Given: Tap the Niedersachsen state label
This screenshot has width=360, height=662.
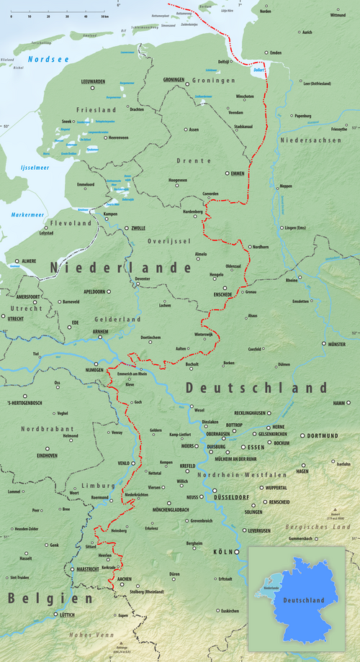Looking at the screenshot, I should pyautogui.click(x=311, y=140).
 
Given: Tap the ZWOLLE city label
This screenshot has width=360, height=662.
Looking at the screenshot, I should pyautogui.click(x=136, y=227).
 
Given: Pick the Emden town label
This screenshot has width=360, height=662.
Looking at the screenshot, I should pyautogui.click(x=276, y=53).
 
